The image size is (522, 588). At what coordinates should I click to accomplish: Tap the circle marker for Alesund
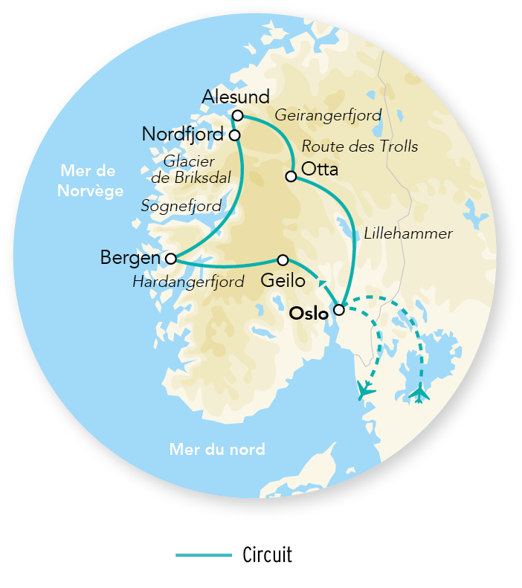pyautogui.click(x=237, y=115)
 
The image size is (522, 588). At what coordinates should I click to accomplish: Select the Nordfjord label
pyautogui.click(x=183, y=135)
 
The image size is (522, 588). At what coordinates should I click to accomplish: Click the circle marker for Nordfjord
pyautogui.click(x=234, y=135)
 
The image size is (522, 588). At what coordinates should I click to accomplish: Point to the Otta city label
pyautogui.click(x=320, y=169)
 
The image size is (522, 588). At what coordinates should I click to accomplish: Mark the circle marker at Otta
pyautogui.click(x=291, y=176)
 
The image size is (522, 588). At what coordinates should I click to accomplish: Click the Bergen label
pyautogui.click(x=130, y=258)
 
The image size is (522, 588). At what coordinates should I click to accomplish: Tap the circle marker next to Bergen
pyautogui.click(x=171, y=259)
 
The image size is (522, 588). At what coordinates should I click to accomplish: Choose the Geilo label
pyautogui.click(x=283, y=281)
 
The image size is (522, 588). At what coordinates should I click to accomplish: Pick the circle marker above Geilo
pyautogui.click(x=283, y=259)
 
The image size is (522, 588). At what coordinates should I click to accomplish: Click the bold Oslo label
pyautogui.click(x=309, y=314)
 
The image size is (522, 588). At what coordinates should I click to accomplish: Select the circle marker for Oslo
pyautogui.click(x=339, y=309)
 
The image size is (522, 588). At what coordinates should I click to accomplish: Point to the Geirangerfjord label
pyautogui.click(x=328, y=116)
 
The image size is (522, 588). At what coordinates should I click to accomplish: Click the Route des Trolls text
pyautogui.click(x=361, y=146)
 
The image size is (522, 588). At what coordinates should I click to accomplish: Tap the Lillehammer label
pyautogui.click(x=408, y=233)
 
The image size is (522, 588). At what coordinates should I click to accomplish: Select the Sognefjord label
pyautogui.click(x=181, y=206)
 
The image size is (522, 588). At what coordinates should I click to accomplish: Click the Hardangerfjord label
pyautogui.click(x=188, y=282)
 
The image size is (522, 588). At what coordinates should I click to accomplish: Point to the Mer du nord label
pyautogui.click(x=217, y=450)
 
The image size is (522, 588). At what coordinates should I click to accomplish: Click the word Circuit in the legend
pyautogui.click(x=268, y=555)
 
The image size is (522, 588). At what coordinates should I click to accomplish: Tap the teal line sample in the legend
pyautogui.click(x=204, y=555)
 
